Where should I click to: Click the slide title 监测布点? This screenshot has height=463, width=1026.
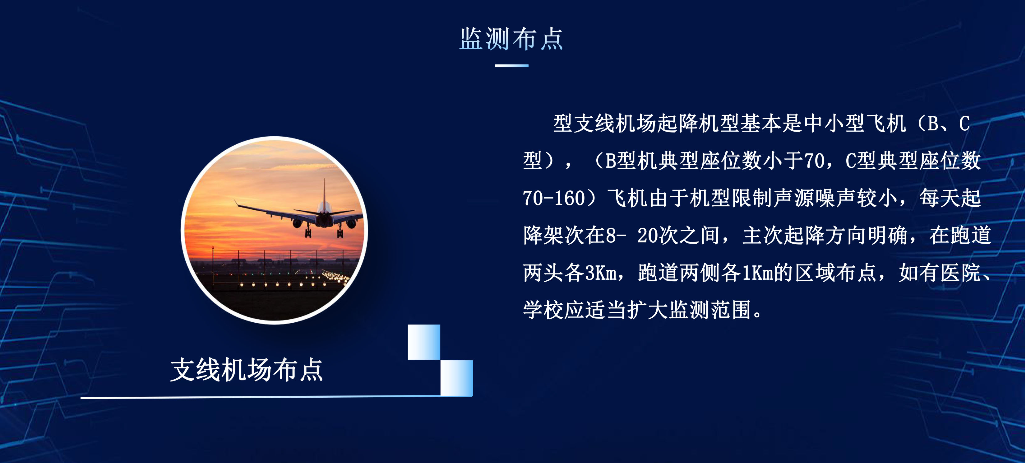[x=511, y=39]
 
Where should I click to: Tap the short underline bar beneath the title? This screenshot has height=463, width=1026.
[x=512, y=66]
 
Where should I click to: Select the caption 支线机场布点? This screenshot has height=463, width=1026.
[x=247, y=370]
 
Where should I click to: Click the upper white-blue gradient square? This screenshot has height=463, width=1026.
[x=424, y=342]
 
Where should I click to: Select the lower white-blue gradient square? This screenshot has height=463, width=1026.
[x=456, y=378]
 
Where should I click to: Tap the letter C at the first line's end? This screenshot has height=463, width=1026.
[x=964, y=124]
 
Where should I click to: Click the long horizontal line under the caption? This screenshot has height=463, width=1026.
[x=276, y=397]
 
